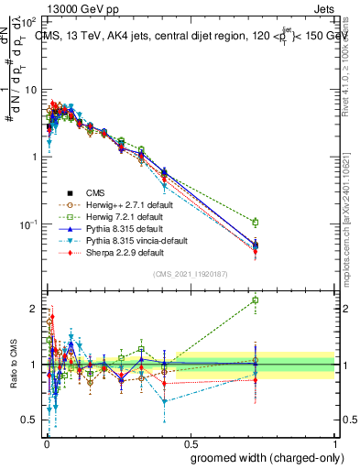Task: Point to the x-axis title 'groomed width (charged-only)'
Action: point(261,457)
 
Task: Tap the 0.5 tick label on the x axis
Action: point(190,441)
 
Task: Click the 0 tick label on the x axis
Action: point(46,441)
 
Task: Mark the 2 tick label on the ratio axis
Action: point(34,308)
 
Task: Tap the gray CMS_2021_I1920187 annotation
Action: point(191,274)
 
